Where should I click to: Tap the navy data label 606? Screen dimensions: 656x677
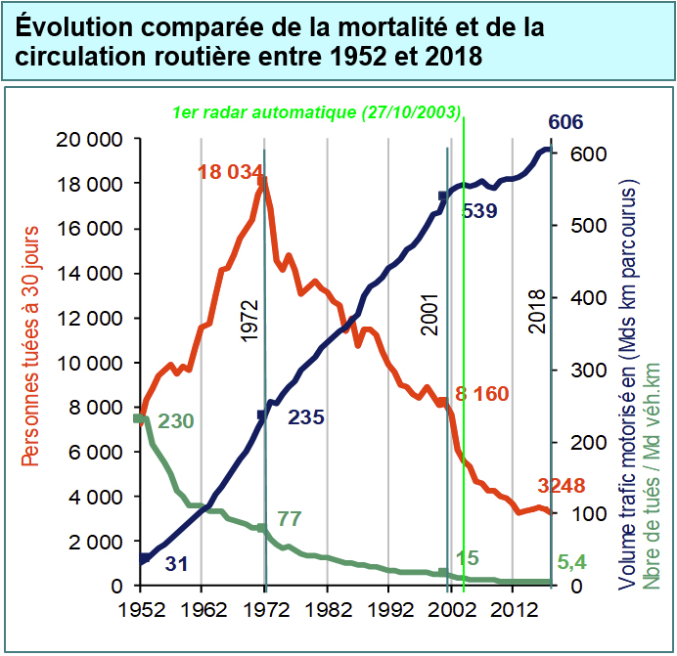565,122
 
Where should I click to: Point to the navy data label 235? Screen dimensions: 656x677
306,417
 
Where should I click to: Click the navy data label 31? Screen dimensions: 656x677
176,564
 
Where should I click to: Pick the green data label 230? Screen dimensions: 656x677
175,421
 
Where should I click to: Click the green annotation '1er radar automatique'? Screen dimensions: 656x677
315,112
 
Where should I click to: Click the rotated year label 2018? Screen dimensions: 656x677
537,312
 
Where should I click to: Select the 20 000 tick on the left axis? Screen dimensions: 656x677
90,140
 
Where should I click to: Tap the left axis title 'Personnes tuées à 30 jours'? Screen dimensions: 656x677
29,363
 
